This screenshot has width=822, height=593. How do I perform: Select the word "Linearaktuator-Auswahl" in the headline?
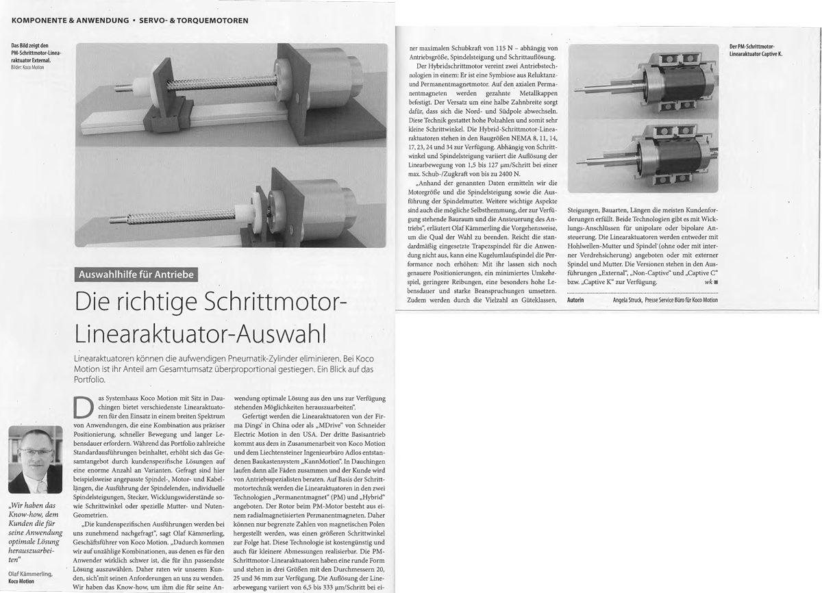pos(199,332)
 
